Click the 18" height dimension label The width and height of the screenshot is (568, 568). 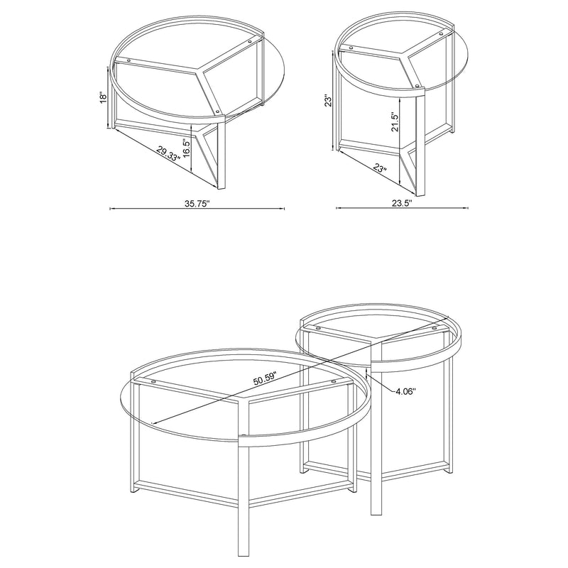tap(104, 97)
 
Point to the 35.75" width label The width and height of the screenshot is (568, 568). tap(197, 203)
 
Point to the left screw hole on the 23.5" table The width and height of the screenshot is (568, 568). tap(346, 48)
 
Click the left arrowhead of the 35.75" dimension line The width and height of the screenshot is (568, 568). tap(110, 209)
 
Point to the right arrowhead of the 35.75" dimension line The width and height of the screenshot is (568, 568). tap(283, 209)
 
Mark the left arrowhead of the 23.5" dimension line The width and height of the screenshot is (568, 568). tap(336, 209)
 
